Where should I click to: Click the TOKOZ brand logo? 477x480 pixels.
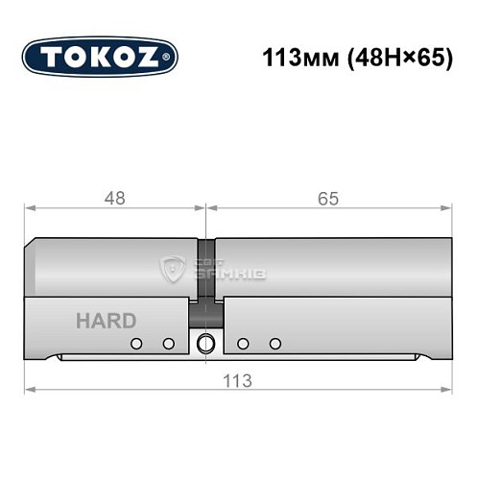click(100, 57)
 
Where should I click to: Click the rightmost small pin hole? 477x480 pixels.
click(276, 344)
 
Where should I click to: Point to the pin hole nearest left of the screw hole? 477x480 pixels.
click(168, 344)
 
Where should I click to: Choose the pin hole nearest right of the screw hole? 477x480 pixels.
click(244, 344)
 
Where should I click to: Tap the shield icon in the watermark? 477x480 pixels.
click(176, 269)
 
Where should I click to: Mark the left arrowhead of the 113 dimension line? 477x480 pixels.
click(29, 390)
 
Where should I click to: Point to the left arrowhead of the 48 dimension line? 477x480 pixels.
click(29, 207)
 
